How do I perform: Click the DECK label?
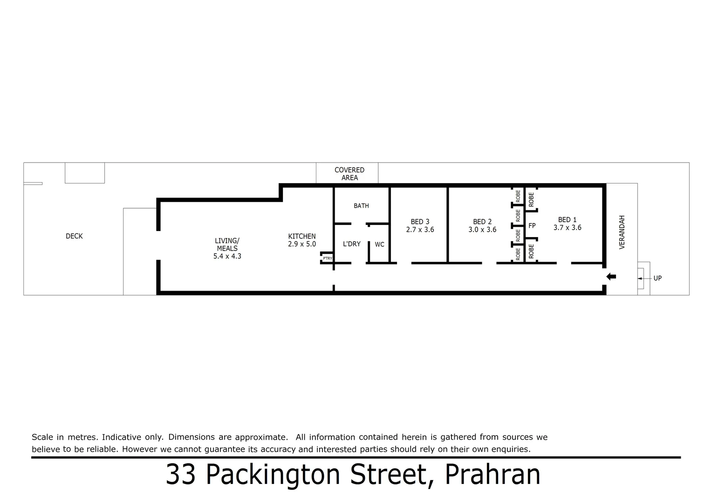point(74,236)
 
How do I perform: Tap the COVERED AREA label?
point(349,174)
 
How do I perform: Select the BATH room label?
point(361,205)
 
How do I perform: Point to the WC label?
point(379,244)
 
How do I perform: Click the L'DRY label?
point(351,244)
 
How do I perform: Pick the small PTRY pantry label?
point(328,258)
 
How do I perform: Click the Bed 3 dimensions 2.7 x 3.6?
point(420,230)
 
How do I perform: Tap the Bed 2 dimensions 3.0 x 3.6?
point(482,230)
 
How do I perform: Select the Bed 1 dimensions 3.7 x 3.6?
point(567,228)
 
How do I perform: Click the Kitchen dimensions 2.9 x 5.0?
point(302,244)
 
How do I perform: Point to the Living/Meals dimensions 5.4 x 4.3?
point(227,256)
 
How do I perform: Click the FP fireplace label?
point(532,226)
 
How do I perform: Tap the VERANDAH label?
point(622,232)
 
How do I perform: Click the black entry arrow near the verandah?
point(611,277)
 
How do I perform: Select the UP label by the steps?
point(657,278)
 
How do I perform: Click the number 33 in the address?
point(180,475)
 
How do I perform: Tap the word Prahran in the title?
point(493,475)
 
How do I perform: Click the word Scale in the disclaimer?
point(41,437)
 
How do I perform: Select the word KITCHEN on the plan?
point(302,236)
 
